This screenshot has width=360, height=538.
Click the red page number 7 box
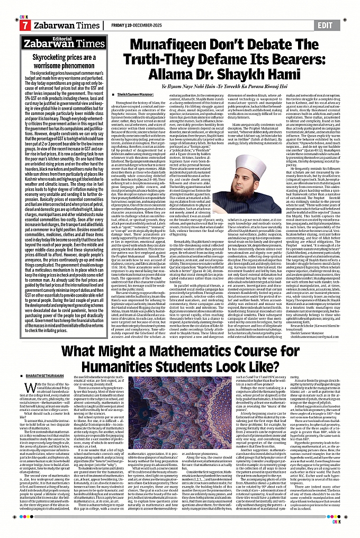24,25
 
